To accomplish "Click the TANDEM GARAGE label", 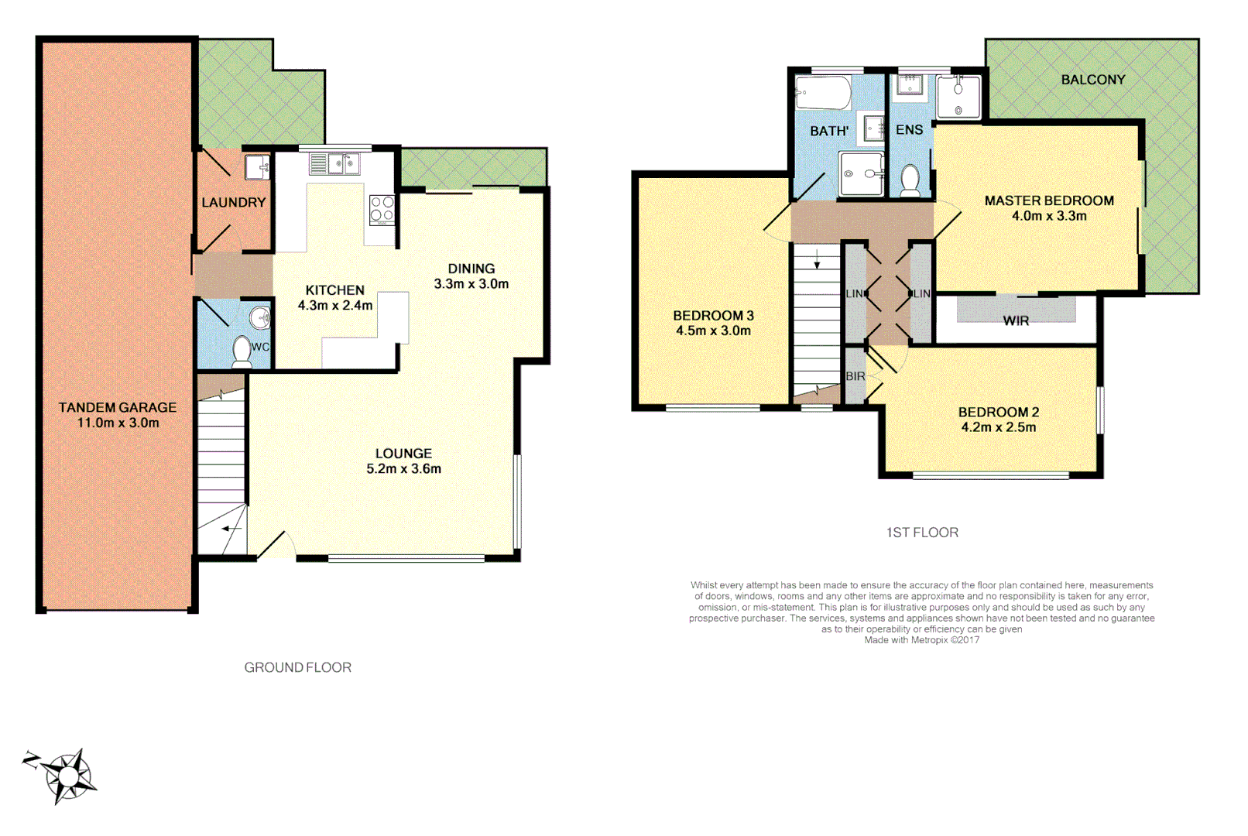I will coord(118,408).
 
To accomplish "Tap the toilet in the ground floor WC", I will coord(242,351).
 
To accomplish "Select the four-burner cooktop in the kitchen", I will coord(382,210).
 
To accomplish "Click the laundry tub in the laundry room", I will coord(257,166).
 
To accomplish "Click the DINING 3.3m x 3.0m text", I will coord(471,276).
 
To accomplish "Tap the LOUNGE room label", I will coord(403,454).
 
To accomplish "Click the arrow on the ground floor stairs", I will coord(231,529).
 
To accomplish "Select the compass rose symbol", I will coord(68,775).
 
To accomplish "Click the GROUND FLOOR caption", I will coord(297,667).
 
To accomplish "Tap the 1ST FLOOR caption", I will coord(922,533).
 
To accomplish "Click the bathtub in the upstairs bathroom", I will coord(824,94).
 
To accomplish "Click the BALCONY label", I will coord(1092,80).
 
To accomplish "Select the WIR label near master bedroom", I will coord(1016,320).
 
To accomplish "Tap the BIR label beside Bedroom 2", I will coord(855,376).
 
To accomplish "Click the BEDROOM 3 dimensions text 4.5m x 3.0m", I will coord(713,331).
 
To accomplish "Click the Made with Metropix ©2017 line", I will coord(921,640).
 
